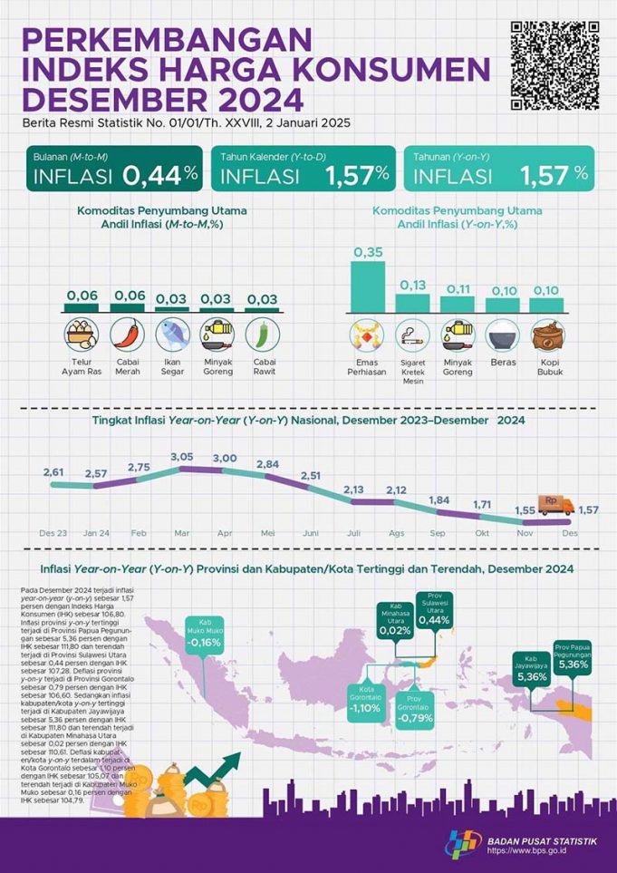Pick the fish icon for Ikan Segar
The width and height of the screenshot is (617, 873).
(x=173, y=334)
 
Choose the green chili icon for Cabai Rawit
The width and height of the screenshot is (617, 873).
(x=262, y=334)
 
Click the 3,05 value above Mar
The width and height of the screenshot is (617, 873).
(x=182, y=456)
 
